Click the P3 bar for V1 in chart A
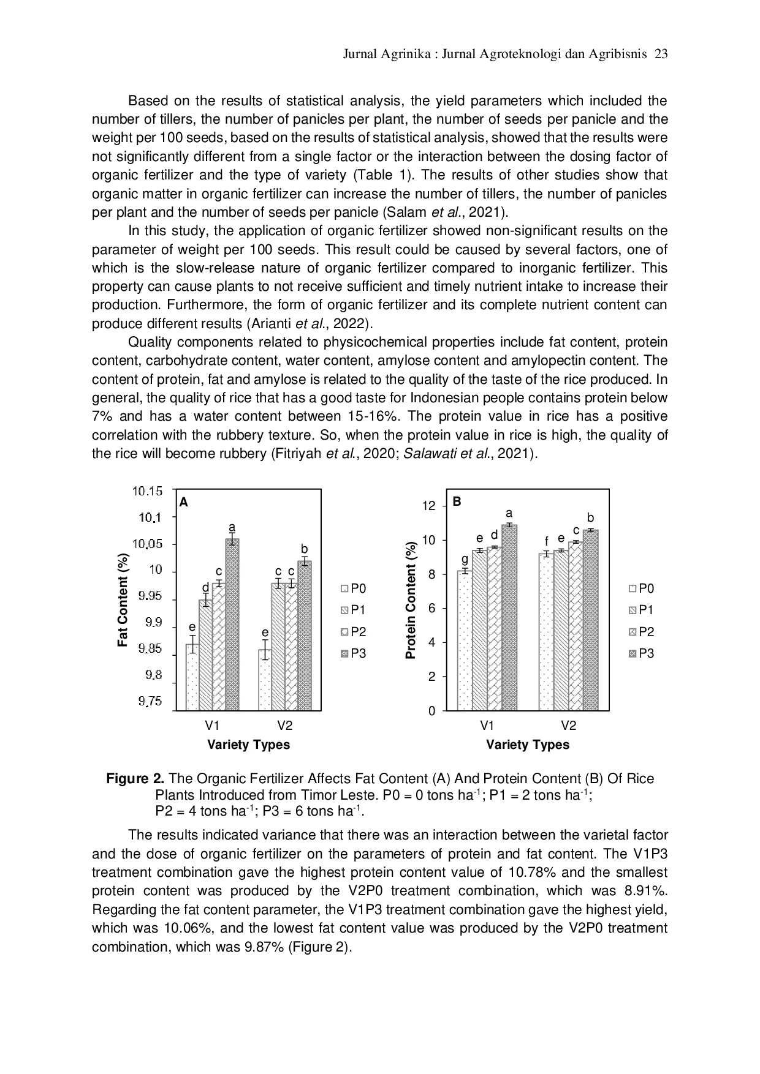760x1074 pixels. pos(232,625)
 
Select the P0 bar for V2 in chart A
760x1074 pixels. pos(265,680)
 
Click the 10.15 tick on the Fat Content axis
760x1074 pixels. pos(147,491)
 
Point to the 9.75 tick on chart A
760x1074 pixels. pos(150,702)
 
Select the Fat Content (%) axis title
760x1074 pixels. pos(123,600)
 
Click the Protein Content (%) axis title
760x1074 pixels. pos(411,600)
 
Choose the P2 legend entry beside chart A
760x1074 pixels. pos(354,632)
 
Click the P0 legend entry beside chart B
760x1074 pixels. pos(642,588)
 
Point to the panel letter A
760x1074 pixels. pos(183,503)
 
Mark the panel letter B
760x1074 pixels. pos(457,501)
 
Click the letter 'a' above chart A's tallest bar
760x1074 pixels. pos(232,527)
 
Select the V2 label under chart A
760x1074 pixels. pos(284,726)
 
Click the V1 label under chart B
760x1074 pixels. pos(487,726)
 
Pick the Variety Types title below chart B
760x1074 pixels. pos(528,745)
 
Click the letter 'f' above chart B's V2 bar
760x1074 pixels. pos(547,542)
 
